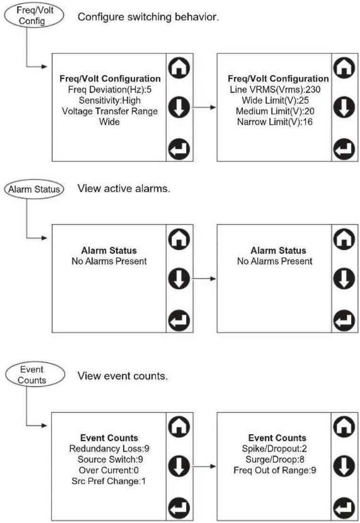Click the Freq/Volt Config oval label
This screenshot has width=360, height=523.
[34, 16]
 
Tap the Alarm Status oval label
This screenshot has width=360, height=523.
[34, 189]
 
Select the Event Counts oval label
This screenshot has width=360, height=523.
[35, 375]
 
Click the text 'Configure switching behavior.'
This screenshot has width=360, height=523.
[148, 17]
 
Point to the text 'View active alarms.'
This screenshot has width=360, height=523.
[124, 189]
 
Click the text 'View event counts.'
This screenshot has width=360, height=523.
[123, 376]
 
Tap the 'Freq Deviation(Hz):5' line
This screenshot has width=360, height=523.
[110, 89]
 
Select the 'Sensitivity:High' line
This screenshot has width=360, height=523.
[110, 100]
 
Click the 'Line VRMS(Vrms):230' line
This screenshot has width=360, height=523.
[275, 89]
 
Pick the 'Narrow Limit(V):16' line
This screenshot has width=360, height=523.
[274, 122]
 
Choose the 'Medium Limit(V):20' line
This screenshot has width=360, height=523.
[275, 111]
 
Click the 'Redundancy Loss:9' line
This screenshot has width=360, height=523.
[109, 449]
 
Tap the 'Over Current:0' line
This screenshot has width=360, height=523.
[109, 471]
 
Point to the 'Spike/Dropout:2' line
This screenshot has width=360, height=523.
[274, 449]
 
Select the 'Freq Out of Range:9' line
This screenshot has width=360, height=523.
[274, 471]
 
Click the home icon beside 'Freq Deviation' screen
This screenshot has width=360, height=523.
[179, 68]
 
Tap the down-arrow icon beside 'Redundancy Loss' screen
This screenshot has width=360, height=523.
[179, 466]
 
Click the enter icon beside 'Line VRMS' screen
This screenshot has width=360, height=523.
[344, 149]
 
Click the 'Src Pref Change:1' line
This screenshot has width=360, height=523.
[109, 481]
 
